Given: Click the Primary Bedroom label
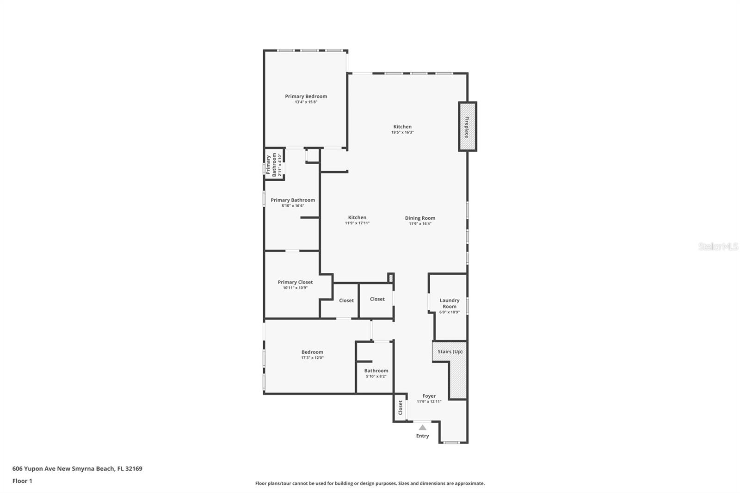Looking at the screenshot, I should (306, 96).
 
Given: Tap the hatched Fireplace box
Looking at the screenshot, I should (467, 126).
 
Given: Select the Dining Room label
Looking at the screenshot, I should (420, 218).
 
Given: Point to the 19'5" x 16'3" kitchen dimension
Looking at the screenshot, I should (402, 132).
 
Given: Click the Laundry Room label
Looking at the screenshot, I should (449, 303).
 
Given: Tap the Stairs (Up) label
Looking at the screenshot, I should (450, 351).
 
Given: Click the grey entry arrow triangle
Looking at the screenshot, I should (422, 427).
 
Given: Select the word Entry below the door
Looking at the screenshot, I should (422, 436).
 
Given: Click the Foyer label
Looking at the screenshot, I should (429, 396).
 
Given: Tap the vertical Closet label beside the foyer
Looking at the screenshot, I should (401, 407).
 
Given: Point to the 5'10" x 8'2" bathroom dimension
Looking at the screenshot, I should (376, 376).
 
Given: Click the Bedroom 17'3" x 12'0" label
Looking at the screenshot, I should (312, 352).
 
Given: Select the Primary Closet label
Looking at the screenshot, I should (295, 282).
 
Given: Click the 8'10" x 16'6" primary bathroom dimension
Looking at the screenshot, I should (293, 206).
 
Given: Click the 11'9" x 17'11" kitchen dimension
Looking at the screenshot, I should (357, 223).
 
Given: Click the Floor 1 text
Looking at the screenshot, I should (22, 481).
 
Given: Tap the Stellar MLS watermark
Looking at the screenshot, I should (718, 247).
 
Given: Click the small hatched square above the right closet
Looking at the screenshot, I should (390, 278).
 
